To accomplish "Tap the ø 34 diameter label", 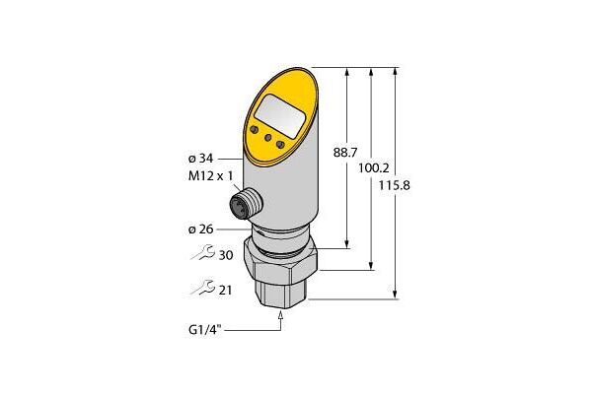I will coord(201,158).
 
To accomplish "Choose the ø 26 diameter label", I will coord(201,230).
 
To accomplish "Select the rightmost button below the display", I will coord(280,146).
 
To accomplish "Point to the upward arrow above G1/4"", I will coord(282,315).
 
